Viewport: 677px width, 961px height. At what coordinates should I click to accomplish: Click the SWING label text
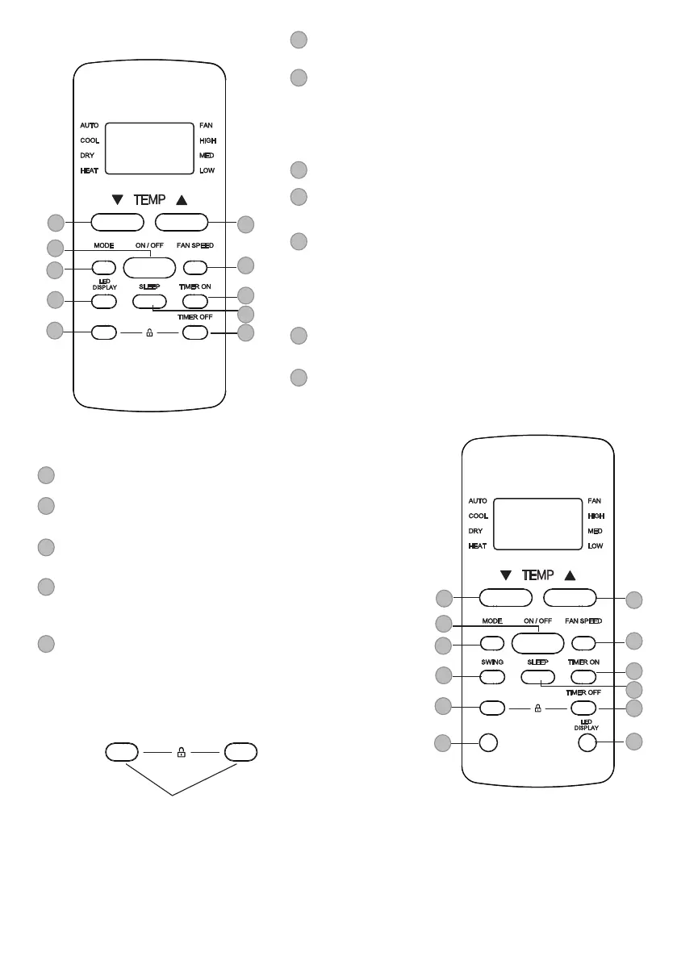tap(493, 662)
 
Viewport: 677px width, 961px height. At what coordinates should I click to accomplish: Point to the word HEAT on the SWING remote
tap(477, 546)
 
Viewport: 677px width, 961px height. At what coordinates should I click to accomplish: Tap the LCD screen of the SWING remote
tap(537, 524)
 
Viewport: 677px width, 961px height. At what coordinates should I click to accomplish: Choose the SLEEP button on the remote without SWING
tap(149, 301)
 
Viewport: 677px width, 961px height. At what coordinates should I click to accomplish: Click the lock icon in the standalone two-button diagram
tap(181, 752)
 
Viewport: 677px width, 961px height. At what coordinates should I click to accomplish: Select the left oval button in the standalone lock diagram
tap(122, 752)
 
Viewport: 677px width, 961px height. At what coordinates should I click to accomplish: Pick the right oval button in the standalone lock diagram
tap(240, 752)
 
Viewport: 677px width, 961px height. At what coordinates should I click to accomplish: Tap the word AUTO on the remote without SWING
tap(89, 126)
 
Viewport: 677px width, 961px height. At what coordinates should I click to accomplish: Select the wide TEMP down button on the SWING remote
tap(506, 598)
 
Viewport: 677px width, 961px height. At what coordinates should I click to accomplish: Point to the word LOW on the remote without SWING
tap(207, 171)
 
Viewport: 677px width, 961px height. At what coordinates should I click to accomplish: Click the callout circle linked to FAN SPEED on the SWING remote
tap(634, 641)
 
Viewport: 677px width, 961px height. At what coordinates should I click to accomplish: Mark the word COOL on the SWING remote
tap(478, 516)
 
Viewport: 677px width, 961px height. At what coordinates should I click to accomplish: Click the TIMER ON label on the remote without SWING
tap(194, 287)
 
